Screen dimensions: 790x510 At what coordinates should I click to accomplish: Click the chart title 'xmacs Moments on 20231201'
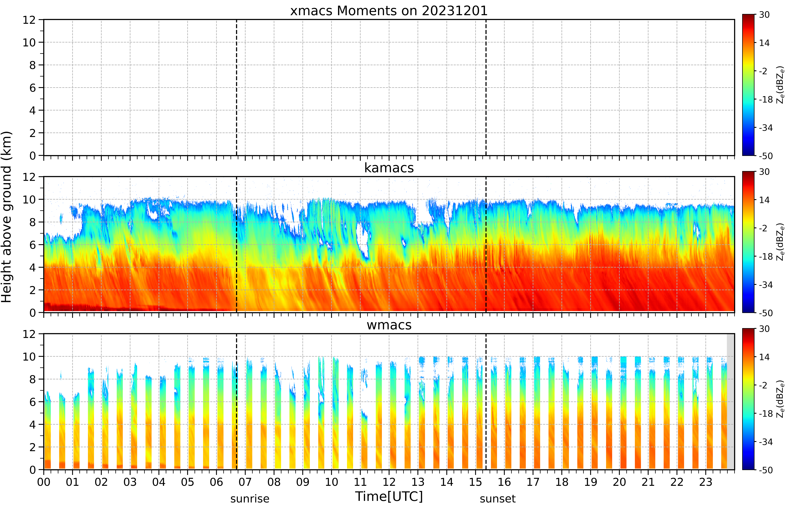coord(389,11)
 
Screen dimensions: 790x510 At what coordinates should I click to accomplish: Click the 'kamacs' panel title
coord(389,168)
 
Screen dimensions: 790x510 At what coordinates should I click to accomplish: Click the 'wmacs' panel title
coord(389,325)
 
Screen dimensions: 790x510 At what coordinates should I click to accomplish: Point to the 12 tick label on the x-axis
coord(389,482)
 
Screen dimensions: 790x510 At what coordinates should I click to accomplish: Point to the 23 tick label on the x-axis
coord(706,482)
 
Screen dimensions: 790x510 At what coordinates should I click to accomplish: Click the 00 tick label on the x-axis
coord(44,482)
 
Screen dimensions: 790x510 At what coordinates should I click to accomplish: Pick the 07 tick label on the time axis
coord(245,482)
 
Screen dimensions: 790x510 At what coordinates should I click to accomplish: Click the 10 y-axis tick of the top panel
coord(29,42)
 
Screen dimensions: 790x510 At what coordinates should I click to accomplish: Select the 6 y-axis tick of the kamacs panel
coord(32,245)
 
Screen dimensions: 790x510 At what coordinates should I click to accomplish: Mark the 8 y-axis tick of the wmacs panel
coord(32,379)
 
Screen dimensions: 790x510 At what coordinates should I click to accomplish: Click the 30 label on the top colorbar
coord(764,15)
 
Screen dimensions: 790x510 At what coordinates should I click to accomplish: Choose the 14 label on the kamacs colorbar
coord(764,200)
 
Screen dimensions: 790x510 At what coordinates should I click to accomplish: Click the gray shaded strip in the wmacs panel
coord(730,401)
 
